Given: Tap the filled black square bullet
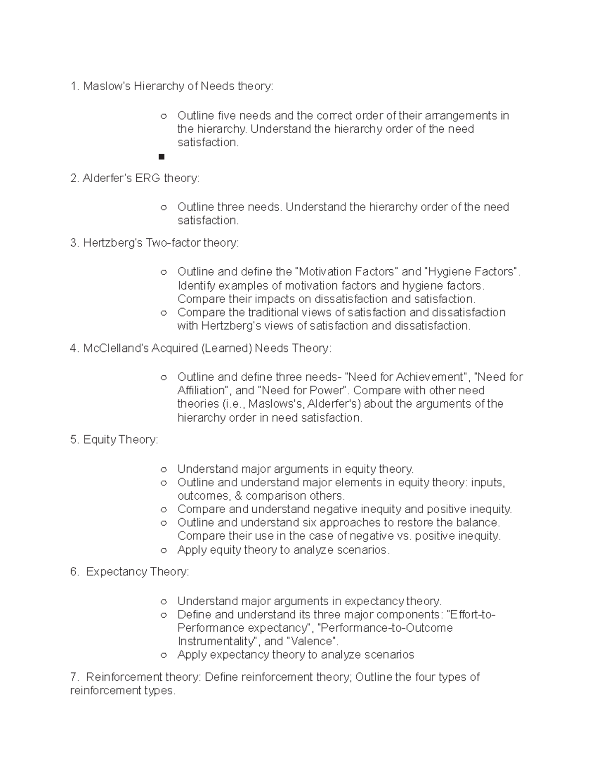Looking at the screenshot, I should point(161,157).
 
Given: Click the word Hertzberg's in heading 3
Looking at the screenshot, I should point(113,243).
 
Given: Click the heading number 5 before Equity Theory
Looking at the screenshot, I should point(74,440).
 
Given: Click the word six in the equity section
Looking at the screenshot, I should point(309,523).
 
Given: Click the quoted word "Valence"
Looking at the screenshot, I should point(312,642).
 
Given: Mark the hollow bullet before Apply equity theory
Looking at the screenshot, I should point(163,551).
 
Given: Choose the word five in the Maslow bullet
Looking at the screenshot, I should point(227,116).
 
